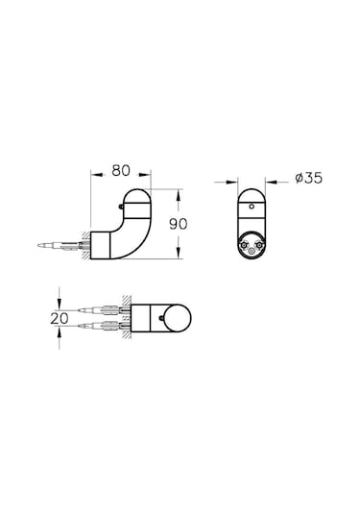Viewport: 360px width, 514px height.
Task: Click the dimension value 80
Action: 120,171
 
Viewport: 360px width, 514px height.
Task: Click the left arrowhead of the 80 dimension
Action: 94,178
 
